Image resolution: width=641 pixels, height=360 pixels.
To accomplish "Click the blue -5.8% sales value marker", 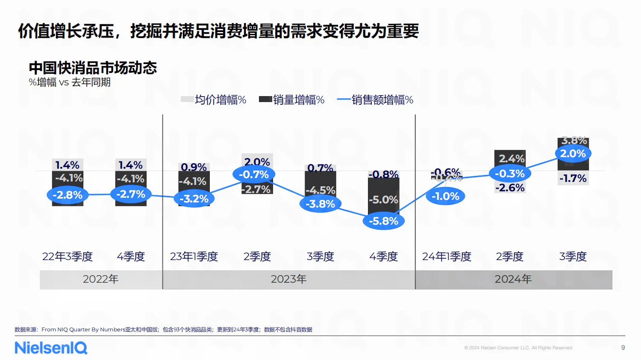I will (383, 221).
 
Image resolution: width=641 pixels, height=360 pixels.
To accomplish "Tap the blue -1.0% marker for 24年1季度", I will (445, 196).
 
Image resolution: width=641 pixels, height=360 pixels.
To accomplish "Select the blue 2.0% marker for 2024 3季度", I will (573, 154).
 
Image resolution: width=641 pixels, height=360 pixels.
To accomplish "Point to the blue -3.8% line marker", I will (320, 204).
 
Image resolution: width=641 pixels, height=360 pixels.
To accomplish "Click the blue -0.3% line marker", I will (509, 174).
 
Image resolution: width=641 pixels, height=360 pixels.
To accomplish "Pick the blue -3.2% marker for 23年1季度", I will (194, 199).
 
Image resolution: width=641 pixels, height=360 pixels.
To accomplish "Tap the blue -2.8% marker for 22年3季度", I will (67, 195).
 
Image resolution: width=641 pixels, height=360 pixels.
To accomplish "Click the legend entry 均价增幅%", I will (214, 100).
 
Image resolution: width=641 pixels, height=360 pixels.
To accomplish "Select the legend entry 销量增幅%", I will (292, 100).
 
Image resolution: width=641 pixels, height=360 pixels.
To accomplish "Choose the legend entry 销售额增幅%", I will (375, 100).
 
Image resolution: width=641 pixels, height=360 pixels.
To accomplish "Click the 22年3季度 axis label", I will (67, 257).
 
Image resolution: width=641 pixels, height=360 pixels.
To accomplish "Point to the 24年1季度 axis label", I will (447, 257).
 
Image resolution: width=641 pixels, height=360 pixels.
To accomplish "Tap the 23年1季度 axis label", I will (194, 257).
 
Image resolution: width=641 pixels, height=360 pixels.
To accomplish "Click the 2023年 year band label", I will (288, 279).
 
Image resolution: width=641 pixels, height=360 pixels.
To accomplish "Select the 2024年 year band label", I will (513, 279).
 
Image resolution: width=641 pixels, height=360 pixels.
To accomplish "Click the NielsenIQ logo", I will (51, 348).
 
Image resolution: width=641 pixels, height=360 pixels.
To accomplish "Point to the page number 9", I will (623, 348).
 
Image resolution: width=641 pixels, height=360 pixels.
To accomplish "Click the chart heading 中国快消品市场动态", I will (93, 68).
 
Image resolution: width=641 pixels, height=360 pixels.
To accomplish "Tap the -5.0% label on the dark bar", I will (383, 200).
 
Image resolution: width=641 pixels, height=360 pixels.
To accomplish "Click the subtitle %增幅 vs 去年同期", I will (70, 82).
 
